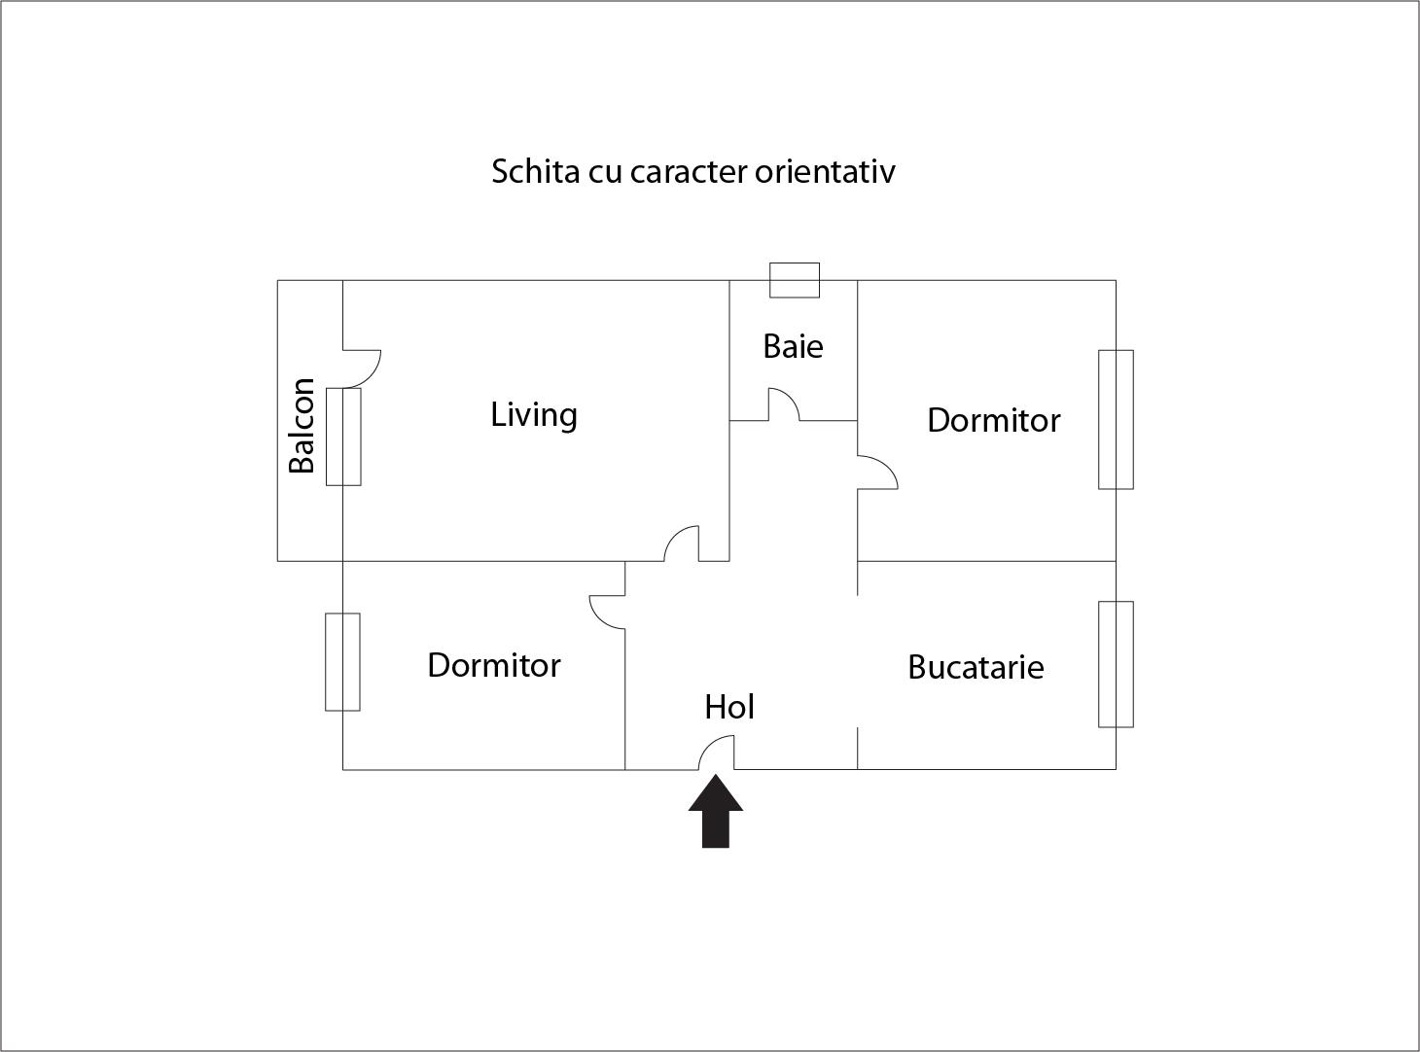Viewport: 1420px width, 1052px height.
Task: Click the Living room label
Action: [x=534, y=415]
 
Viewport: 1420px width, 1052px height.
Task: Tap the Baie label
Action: [x=793, y=346]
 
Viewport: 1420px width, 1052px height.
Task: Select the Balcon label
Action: [x=302, y=425]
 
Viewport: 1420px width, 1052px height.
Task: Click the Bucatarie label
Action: [x=976, y=667]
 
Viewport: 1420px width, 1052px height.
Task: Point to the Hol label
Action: [x=729, y=707]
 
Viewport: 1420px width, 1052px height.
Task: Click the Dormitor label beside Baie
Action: [x=993, y=420]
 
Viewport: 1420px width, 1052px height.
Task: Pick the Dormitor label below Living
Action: [x=494, y=665]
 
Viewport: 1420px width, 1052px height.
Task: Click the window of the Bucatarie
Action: [x=1116, y=664]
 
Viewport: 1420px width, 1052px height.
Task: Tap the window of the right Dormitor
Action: [x=1116, y=419]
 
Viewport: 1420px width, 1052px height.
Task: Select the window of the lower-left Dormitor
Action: [x=342, y=661]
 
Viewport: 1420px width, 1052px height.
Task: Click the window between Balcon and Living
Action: [x=343, y=437]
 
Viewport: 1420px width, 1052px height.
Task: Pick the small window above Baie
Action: [x=795, y=280]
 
